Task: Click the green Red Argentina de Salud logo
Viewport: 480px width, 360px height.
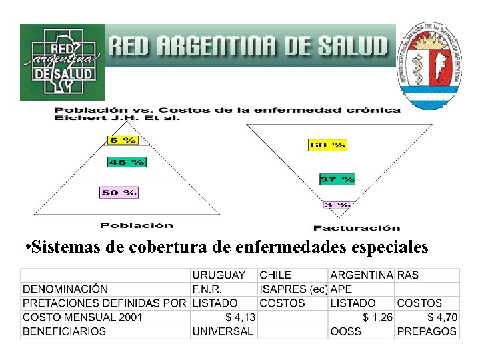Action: (x=62, y=62)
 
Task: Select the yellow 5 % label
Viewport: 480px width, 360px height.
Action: (x=122, y=140)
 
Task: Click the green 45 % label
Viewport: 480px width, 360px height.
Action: (x=126, y=162)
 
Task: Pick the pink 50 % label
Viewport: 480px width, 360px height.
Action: (x=119, y=192)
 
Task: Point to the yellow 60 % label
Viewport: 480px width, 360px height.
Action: (x=327, y=144)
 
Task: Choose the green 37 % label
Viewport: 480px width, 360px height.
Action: (x=337, y=179)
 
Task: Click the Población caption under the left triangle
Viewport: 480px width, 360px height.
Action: (x=136, y=225)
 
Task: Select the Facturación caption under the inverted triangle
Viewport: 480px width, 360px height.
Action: (x=357, y=227)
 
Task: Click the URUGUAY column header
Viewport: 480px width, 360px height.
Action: (x=219, y=275)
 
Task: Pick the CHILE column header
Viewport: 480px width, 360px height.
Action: (x=275, y=275)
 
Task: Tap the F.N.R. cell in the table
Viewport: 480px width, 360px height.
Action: (x=207, y=289)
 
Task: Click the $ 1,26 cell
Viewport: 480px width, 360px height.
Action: (x=377, y=317)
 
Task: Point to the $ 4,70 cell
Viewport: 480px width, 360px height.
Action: (x=442, y=317)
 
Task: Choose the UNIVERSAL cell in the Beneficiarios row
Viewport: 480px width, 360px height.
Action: (x=223, y=331)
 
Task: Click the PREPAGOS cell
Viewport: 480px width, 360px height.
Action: (x=427, y=331)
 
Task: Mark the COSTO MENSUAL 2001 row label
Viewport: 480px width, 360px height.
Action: (x=82, y=317)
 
